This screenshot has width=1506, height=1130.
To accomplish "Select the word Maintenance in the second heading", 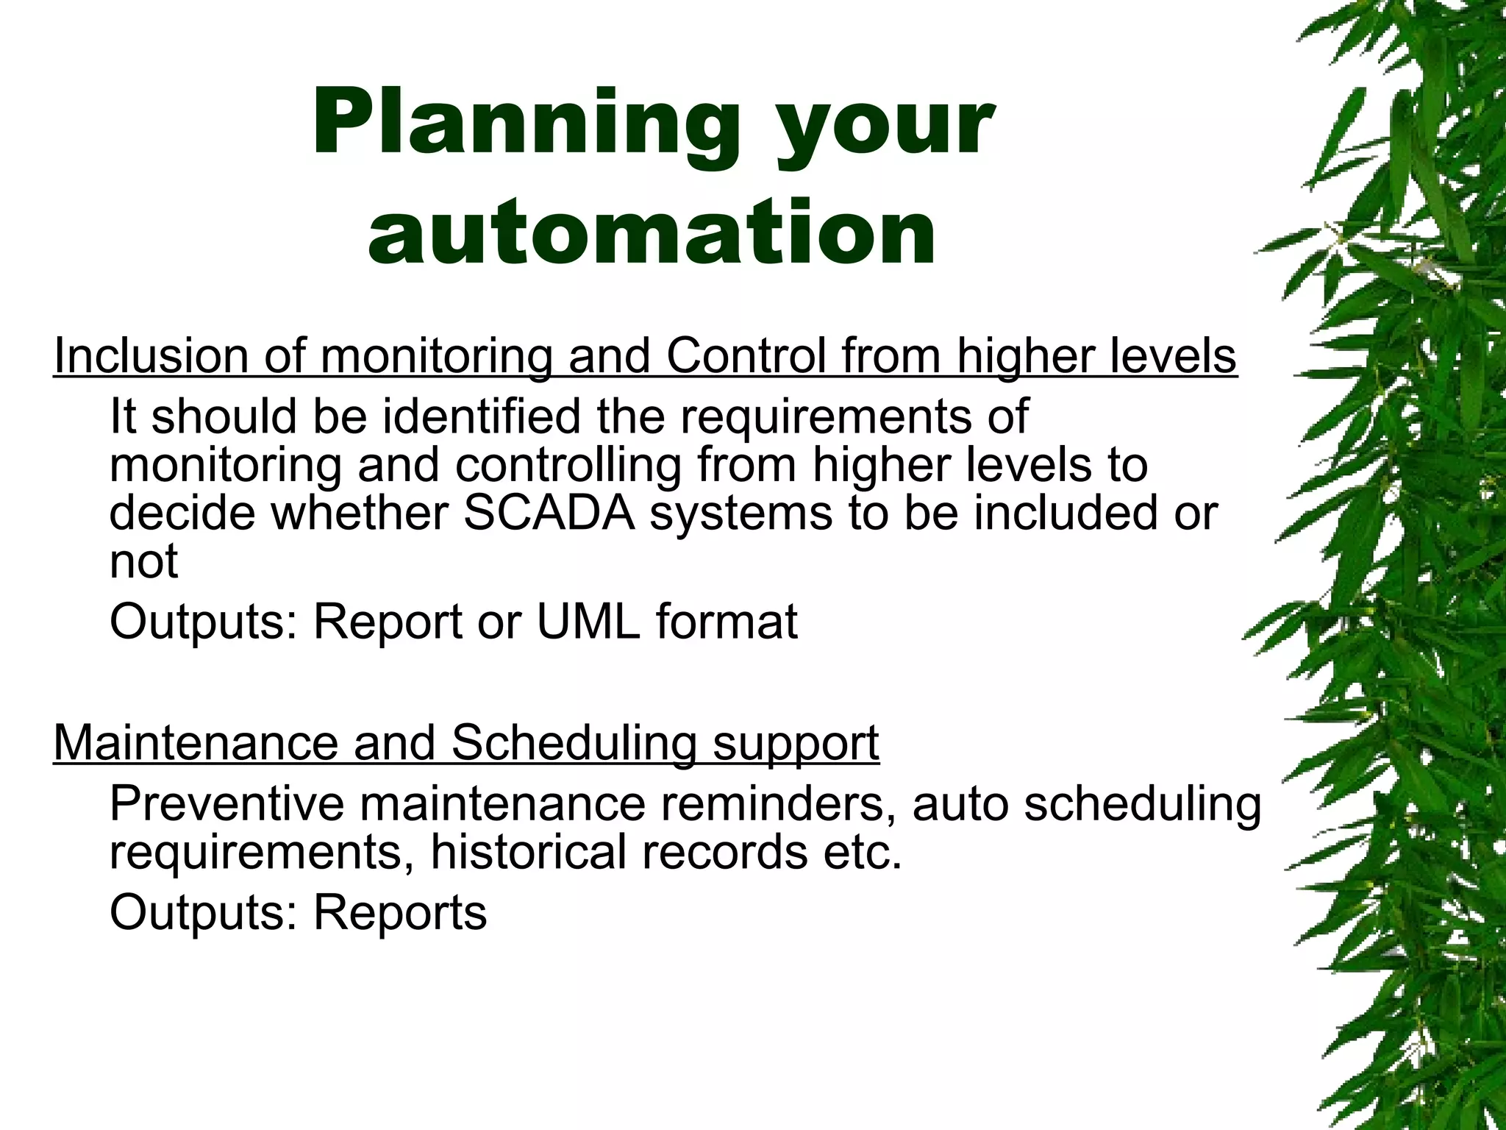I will pyautogui.click(x=196, y=742).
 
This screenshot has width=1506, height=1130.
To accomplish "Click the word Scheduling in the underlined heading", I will pyautogui.click(x=573, y=742).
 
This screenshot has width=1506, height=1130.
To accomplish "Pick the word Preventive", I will pyautogui.click(x=226, y=803).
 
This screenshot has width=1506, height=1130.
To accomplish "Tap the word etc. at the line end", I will pyautogui.click(x=861, y=852).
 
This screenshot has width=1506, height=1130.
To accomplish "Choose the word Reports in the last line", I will pyautogui.click(x=400, y=912).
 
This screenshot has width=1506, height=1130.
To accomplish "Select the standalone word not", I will pyautogui.click(x=143, y=561).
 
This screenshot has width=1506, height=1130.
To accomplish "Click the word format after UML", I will pyautogui.click(x=727, y=622).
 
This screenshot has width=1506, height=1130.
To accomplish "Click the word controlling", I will pyautogui.click(x=568, y=465).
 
